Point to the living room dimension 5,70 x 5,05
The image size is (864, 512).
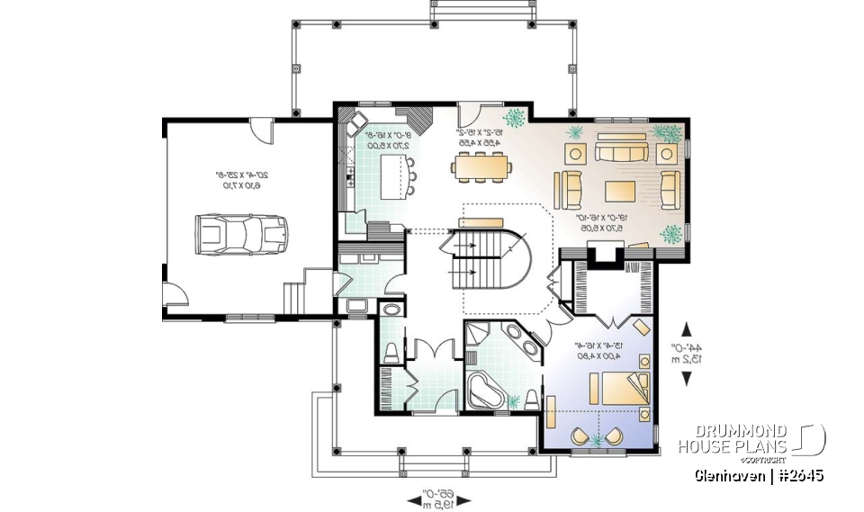pos(601,229)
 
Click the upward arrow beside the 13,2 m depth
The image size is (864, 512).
pos(688,328)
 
